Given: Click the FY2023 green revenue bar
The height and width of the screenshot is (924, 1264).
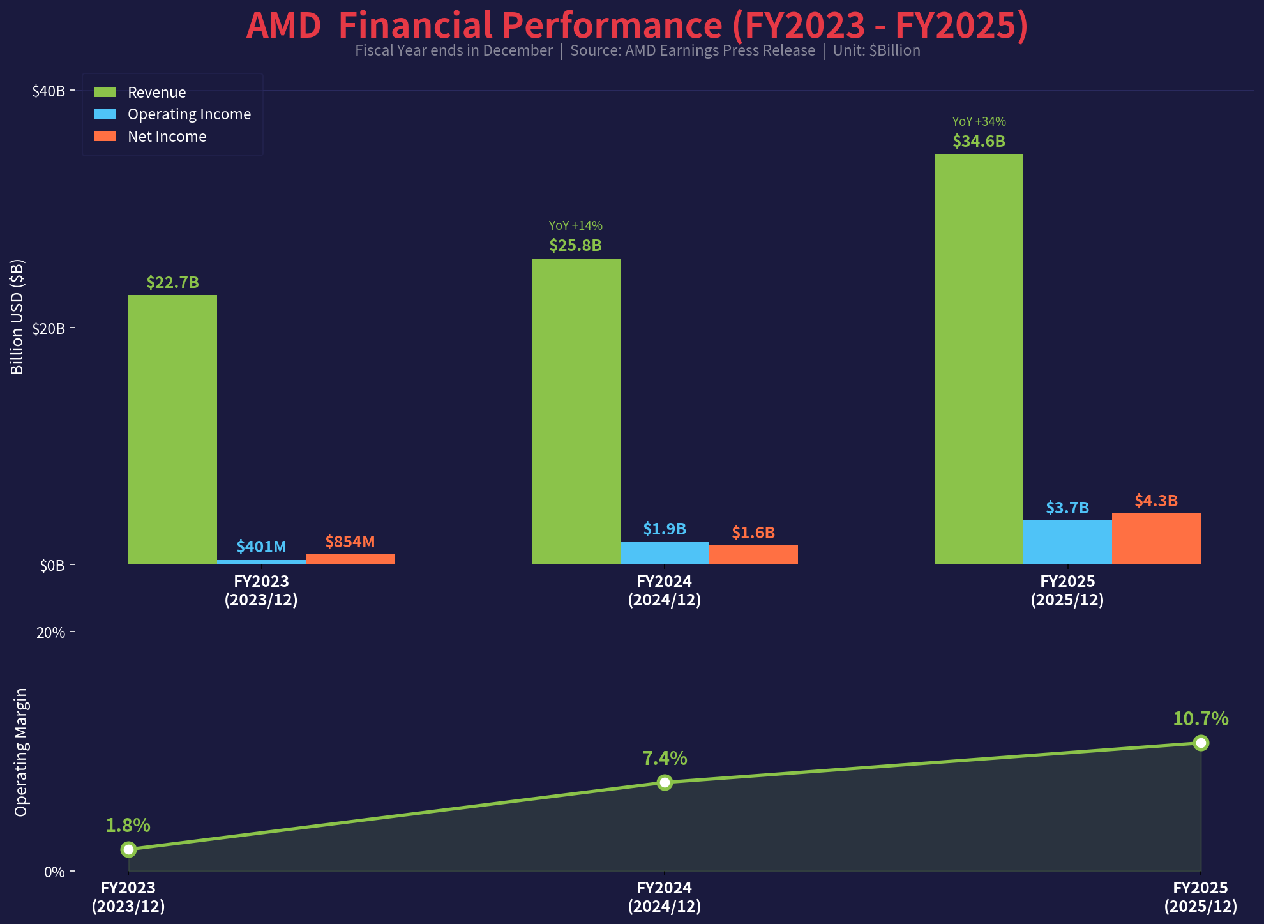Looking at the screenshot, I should (172, 429).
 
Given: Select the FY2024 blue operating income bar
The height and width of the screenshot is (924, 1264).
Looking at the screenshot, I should (665, 553).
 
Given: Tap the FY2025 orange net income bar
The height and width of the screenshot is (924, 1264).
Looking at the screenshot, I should (1156, 538).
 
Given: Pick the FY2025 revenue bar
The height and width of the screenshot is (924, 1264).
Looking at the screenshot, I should (979, 359).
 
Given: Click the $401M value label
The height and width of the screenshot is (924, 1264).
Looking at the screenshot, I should (261, 547).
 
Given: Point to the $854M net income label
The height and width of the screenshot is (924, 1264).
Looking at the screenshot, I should (350, 542).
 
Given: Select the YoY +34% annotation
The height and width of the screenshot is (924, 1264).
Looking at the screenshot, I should (979, 121).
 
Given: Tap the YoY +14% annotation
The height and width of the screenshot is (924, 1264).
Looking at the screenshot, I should (575, 225).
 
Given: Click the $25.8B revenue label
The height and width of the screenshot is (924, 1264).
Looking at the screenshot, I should (575, 245).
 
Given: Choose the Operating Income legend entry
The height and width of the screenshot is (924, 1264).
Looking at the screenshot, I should (189, 114).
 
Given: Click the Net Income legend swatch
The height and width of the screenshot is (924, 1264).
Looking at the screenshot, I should (105, 136).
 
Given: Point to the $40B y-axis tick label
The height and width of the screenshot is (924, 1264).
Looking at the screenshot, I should (49, 91).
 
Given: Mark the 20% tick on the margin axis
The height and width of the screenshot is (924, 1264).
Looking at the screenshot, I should (51, 633).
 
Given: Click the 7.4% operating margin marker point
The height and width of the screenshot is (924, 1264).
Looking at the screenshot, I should (665, 782).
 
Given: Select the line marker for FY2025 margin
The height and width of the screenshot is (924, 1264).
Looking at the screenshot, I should (1201, 743).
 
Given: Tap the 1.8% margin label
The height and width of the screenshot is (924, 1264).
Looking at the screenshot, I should (128, 826).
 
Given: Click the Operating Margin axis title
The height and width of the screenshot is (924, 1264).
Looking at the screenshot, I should (21, 752).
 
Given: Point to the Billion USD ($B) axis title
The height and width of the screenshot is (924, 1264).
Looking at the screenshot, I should (17, 317).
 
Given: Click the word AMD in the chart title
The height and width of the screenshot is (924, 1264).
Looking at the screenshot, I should (283, 26).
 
